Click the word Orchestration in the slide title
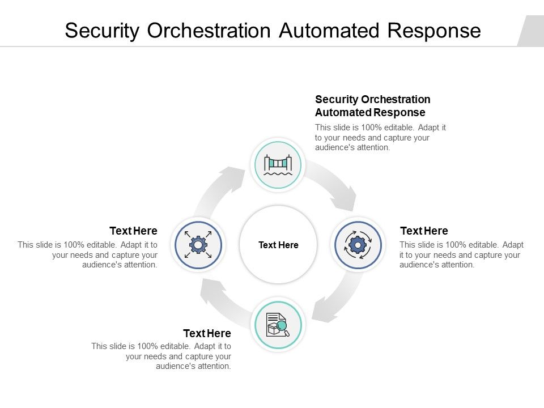[210, 31]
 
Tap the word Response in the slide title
[435, 31]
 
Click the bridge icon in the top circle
[278, 165]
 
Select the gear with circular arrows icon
[357, 245]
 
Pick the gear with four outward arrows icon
[198, 245]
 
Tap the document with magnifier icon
[278, 325]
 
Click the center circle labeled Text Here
[278, 245]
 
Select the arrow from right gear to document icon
[334, 300]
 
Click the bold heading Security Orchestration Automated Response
[372, 106]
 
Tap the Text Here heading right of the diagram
[424, 231]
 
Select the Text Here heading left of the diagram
[133, 231]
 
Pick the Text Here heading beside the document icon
[207, 333]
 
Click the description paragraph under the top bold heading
[380, 138]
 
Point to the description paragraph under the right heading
[461, 254]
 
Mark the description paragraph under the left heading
[88, 254]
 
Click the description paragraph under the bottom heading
[161, 356]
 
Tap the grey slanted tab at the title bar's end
[531, 31]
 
